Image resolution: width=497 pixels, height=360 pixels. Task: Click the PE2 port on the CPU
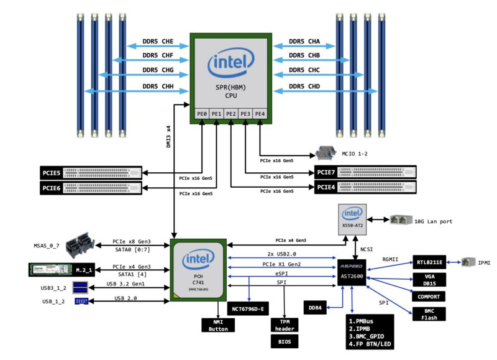pos(231,114)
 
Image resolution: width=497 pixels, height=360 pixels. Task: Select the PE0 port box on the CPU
pos(202,114)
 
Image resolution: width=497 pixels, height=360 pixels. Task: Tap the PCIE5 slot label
pos(52,171)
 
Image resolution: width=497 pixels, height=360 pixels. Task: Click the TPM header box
pos(285,325)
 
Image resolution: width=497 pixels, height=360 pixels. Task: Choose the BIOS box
pos(285,341)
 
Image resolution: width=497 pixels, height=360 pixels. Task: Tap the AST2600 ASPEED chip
pos(352,271)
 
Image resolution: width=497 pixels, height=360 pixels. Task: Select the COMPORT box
pos(429,297)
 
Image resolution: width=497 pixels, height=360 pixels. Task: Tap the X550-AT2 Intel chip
pos(352,218)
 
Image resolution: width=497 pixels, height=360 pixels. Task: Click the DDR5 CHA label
pos(304,42)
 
